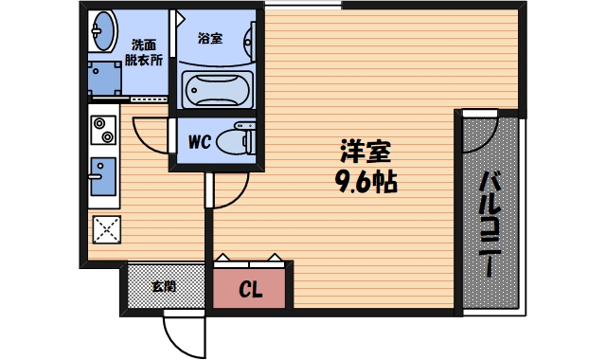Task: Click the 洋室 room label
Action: tap(365, 152)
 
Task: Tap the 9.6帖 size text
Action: tap(365, 180)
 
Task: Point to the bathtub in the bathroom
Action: tap(216, 89)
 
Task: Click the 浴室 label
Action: tap(209, 39)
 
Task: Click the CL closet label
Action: tap(250, 289)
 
